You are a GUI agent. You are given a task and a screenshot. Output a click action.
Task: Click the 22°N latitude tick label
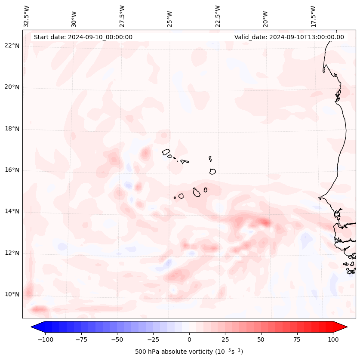[12, 46]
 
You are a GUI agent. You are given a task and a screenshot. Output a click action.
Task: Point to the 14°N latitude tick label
[12, 212]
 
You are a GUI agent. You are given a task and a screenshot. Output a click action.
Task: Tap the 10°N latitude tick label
[12, 295]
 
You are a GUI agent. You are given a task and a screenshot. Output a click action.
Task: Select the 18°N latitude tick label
[12, 129]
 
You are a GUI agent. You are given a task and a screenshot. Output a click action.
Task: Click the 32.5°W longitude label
[27, 16]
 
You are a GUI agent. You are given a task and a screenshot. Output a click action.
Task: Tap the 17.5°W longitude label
[313, 16]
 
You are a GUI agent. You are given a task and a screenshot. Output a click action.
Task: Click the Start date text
[83, 37]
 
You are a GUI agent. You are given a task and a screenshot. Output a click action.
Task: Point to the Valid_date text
[289, 37]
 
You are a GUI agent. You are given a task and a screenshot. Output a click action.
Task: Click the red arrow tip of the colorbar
[343, 327]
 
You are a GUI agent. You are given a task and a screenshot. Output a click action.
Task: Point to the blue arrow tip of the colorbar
[35, 327]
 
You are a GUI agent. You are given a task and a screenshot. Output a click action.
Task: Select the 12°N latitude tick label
[12, 253]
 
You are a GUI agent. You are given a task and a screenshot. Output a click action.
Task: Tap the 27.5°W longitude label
[122, 16]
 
